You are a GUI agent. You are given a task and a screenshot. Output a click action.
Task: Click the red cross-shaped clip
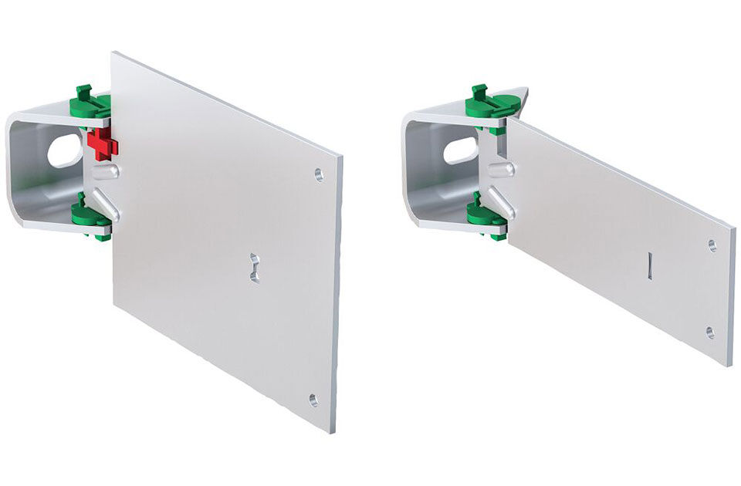tap(101, 144)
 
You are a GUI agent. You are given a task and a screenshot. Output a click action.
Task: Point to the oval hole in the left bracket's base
tap(65, 150)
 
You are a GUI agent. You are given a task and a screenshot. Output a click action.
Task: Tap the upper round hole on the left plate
tap(319, 174)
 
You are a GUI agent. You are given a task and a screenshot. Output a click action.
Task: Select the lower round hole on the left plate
tap(313, 400)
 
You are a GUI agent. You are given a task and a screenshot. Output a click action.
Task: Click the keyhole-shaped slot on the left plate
tap(255, 267)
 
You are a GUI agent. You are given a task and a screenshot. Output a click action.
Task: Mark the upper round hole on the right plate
tap(712, 245)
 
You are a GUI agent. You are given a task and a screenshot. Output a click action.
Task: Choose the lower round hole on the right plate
tap(709, 332)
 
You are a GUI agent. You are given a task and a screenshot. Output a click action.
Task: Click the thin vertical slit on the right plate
tap(650, 265)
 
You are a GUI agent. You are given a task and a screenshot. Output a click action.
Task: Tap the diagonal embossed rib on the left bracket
tap(109, 204)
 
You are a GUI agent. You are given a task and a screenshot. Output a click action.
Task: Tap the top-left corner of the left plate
tap(113, 53)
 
